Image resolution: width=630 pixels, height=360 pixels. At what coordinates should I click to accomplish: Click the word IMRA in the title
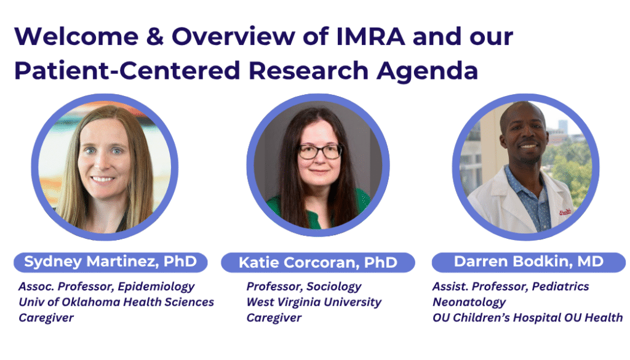[370, 36]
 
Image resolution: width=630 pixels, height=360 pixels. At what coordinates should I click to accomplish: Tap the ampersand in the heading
[154, 36]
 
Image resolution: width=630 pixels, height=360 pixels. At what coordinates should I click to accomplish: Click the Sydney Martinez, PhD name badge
[111, 262]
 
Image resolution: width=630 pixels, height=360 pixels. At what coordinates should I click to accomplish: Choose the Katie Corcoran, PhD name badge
[318, 262]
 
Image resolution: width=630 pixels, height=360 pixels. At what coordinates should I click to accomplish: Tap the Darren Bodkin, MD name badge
[528, 262]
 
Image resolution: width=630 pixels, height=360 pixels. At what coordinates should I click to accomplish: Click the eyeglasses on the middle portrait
[320, 151]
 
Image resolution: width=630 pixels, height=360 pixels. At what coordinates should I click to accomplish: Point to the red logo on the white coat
[565, 212]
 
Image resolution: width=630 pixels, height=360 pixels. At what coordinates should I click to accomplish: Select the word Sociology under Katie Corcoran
[334, 287]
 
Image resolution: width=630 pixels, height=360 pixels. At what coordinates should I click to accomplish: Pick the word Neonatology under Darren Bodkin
[469, 302]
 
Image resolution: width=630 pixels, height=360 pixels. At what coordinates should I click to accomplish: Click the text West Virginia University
[314, 302]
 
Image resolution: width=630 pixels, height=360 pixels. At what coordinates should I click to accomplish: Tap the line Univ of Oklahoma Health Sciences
[116, 302]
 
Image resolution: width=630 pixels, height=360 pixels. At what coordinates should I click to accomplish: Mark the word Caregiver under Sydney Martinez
[46, 318]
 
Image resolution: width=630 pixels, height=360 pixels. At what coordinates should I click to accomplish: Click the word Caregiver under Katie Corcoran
[274, 318]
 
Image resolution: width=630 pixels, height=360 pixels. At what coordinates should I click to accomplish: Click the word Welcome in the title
[76, 36]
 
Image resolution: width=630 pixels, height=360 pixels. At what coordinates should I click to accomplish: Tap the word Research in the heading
[308, 71]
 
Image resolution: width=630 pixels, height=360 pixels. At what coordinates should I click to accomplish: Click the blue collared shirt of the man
[530, 197]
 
